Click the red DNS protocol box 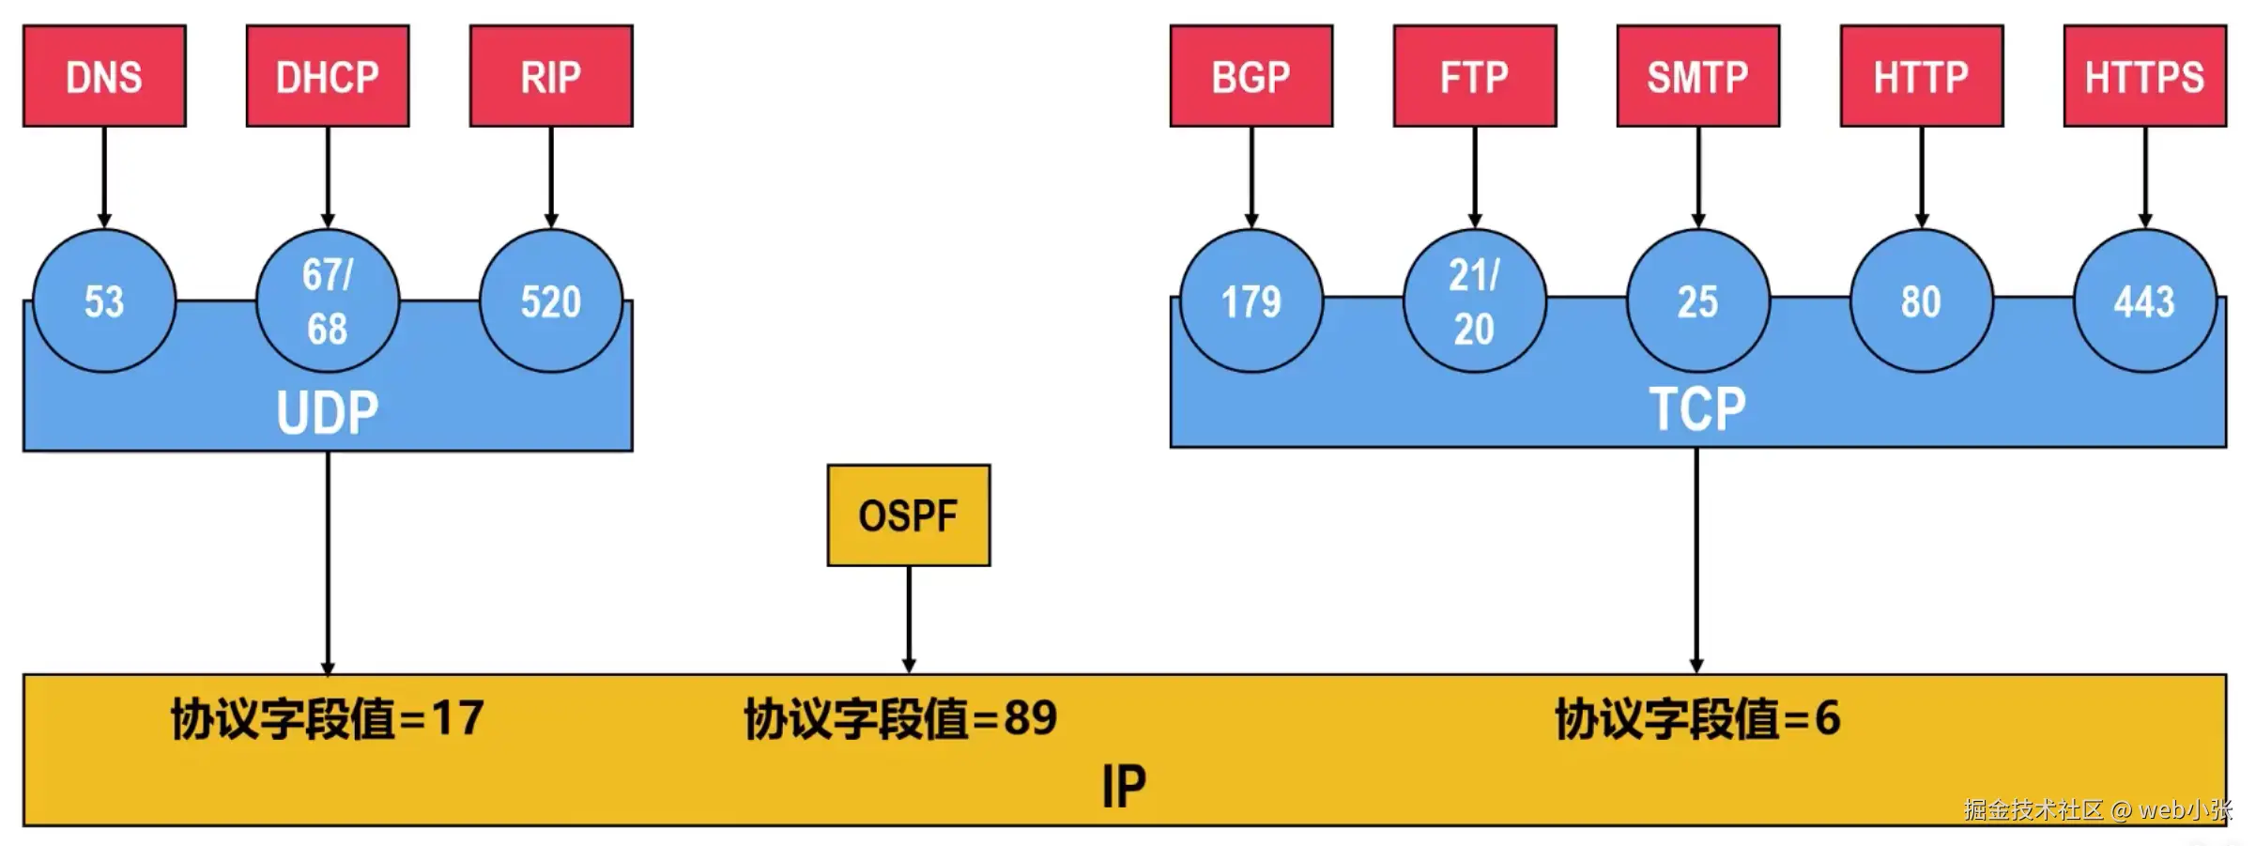(104, 76)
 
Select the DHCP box (328, 76)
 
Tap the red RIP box (551, 76)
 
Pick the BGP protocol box (1251, 76)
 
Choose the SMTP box (1697, 76)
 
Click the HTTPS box (2144, 76)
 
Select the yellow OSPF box (908, 515)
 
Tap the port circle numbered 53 (104, 301)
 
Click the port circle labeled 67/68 (328, 301)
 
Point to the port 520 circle (551, 301)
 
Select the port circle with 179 (1251, 301)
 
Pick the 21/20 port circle (1474, 301)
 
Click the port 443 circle (2144, 301)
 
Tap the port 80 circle (1921, 301)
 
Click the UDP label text (328, 412)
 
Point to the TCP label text (1697, 409)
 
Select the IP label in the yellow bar (1124, 787)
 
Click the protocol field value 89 (1030, 718)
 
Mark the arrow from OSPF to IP (908, 620)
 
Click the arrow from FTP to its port (1474, 177)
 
